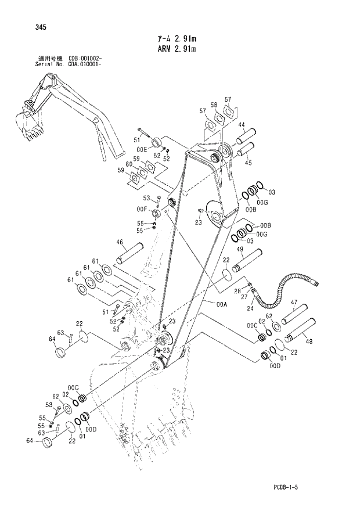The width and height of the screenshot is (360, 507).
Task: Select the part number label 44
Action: [x=241, y=125]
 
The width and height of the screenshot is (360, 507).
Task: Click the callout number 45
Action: [x=248, y=163]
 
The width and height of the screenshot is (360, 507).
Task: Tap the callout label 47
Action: [x=294, y=303]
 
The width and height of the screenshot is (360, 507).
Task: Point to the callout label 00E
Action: [x=142, y=149]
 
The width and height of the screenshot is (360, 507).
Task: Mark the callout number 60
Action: [x=136, y=166]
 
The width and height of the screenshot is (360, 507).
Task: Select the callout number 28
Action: [x=237, y=291]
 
